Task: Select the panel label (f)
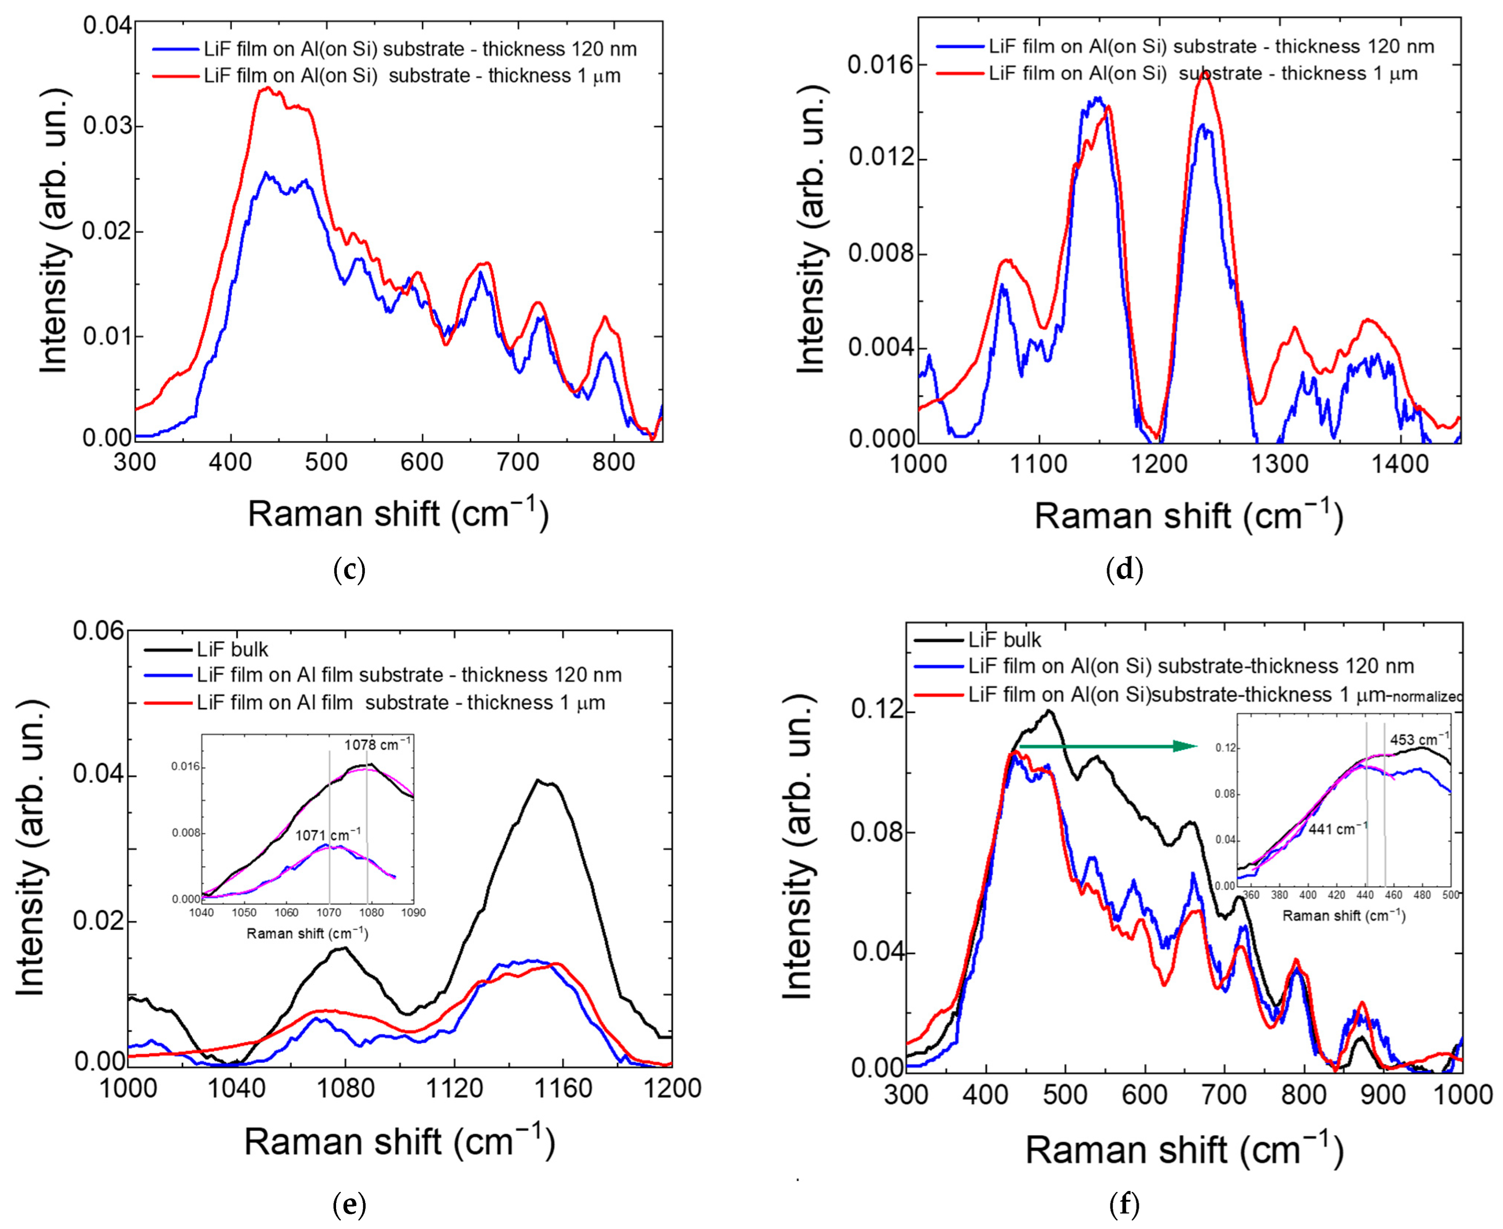(1124, 1204)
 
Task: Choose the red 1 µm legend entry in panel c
(411, 76)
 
